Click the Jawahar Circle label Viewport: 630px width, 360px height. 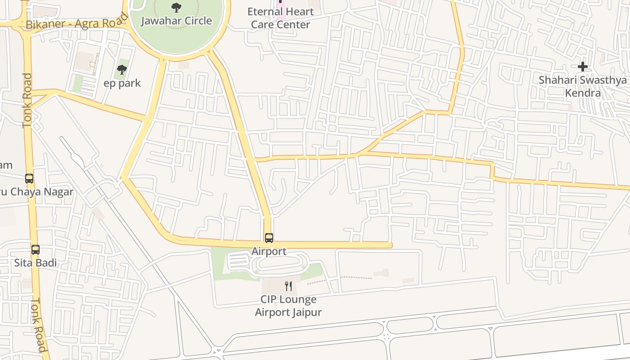click(x=176, y=21)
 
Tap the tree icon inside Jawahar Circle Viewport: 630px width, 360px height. click(x=176, y=7)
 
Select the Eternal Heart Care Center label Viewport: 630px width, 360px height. click(x=280, y=18)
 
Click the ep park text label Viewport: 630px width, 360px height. click(x=122, y=83)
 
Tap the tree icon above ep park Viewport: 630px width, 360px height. click(x=122, y=70)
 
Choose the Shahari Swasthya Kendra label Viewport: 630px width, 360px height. click(x=583, y=86)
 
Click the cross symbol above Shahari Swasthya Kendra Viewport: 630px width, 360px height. click(x=583, y=67)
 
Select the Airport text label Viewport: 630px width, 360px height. click(x=269, y=251)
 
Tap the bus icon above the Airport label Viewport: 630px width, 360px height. click(x=269, y=238)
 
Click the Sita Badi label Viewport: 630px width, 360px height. click(x=36, y=262)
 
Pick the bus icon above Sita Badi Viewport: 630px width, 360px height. click(x=36, y=249)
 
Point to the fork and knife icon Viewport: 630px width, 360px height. click(x=288, y=286)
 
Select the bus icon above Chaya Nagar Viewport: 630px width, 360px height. click(x=29, y=179)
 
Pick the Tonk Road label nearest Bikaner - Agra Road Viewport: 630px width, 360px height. click(x=27, y=100)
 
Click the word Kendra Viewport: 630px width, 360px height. click(x=583, y=93)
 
